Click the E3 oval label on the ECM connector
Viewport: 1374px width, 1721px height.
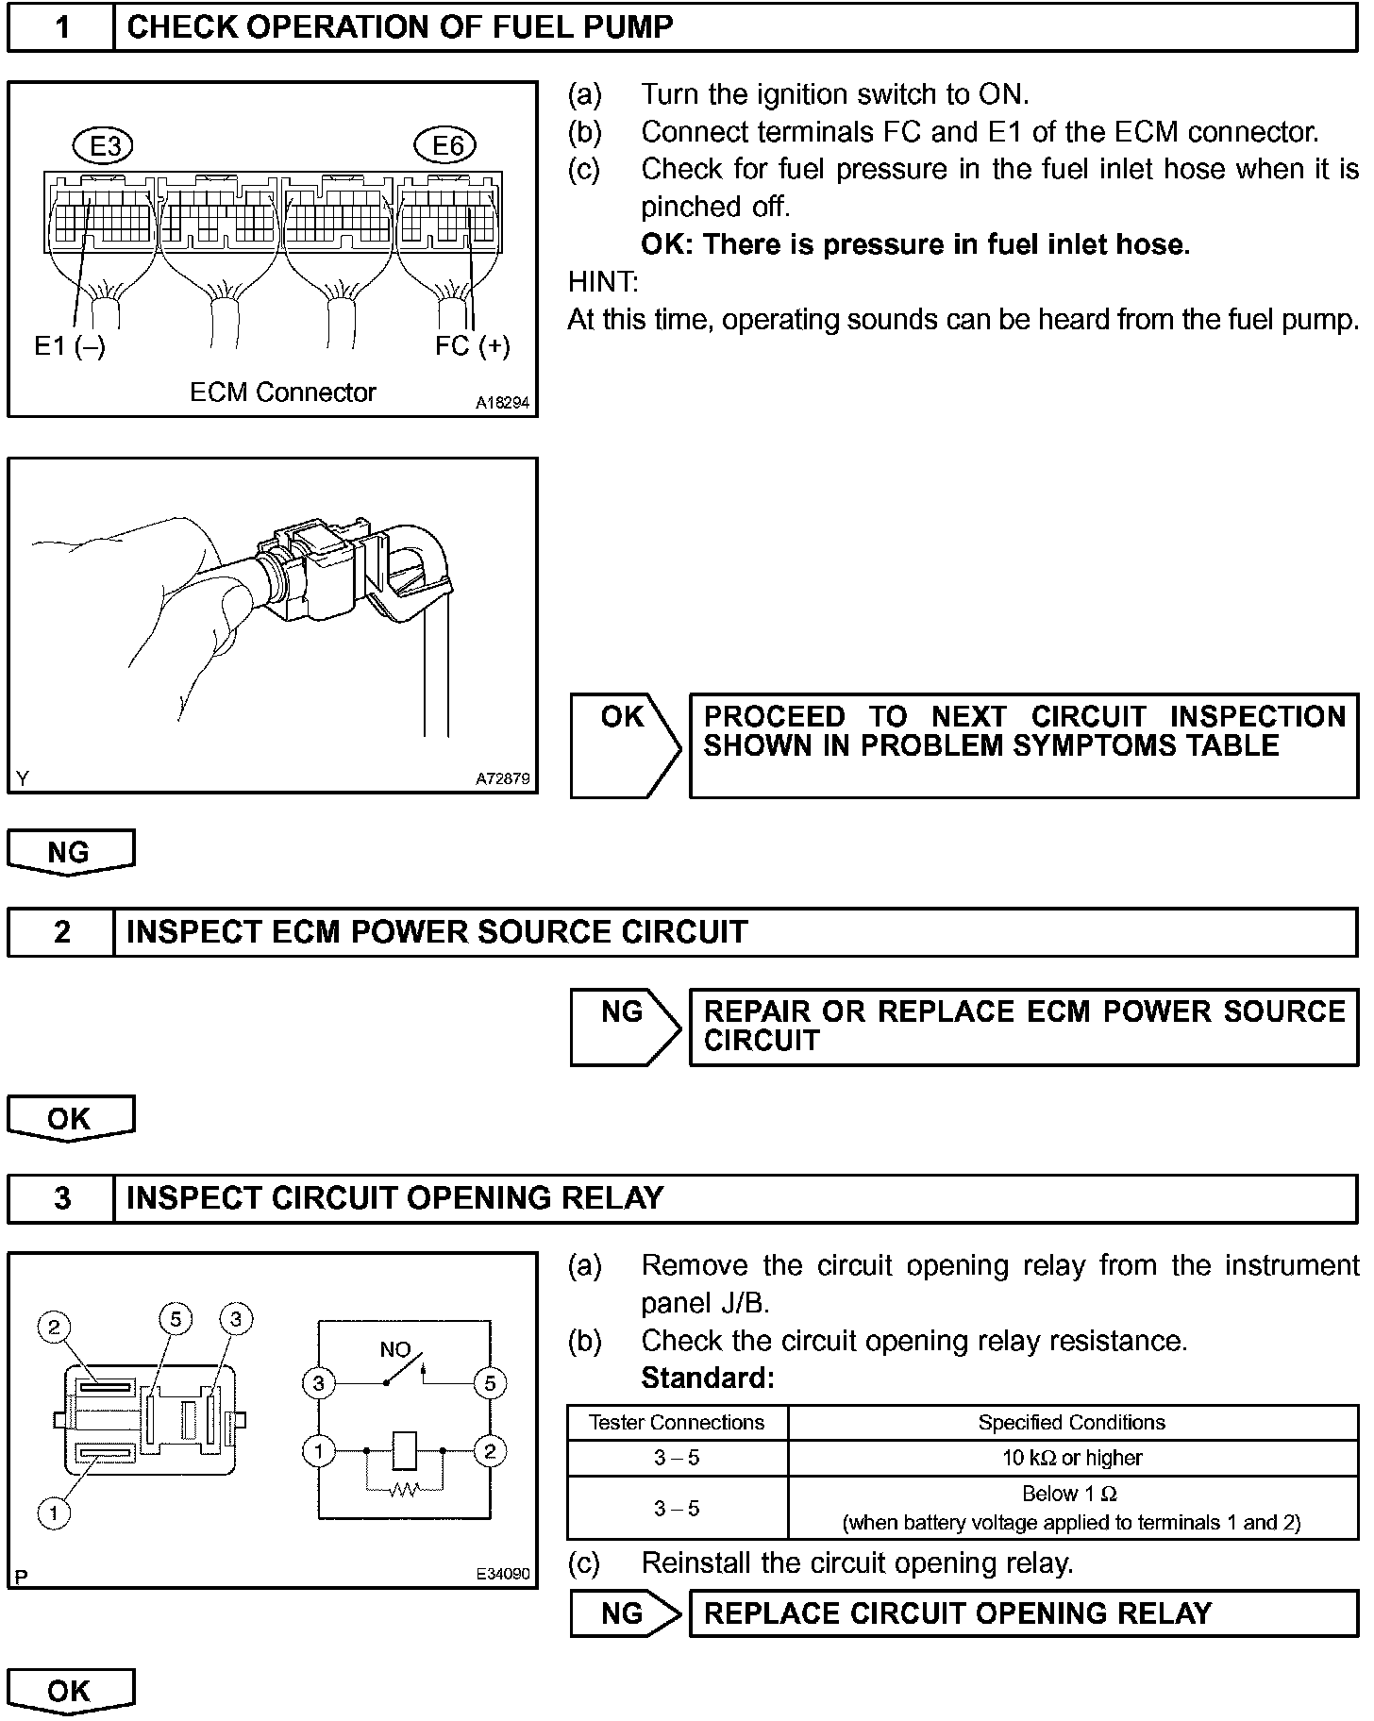[x=104, y=146]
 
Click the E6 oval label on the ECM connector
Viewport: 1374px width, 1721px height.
[x=446, y=146]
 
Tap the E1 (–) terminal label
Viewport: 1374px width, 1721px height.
[x=70, y=347]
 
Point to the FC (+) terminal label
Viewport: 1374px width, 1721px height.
[x=472, y=346]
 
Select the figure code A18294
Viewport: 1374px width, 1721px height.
[x=503, y=403]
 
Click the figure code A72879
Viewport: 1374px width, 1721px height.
[x=503, y=779]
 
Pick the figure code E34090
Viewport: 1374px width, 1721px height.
[x=503, y=1574]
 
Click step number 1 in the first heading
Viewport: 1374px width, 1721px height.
[x=61, y=27]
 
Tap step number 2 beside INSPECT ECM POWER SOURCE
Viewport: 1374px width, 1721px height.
[x=61, y=932]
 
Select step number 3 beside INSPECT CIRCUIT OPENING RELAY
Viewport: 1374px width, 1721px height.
[x=61, y=1198]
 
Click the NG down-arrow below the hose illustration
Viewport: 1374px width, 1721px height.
[x=70, y=852]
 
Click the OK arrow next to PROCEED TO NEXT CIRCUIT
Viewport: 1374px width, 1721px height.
[x=625, y=744]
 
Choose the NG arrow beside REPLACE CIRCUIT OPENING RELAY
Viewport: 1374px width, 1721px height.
[x=625, y=1613]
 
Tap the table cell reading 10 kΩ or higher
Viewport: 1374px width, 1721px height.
[x=1072, y=1458]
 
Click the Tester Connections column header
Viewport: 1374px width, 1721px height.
[x=677, y=1422]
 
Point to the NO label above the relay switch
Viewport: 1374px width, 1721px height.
[x=394, y=1350]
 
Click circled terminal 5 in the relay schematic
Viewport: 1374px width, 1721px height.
[x=489, y=1384]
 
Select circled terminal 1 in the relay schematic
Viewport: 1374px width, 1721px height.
[x=319, y=1450]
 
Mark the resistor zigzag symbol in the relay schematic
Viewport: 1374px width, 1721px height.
[x=404, y=1491]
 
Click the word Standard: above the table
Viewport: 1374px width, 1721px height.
[x=708, y=1378]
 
